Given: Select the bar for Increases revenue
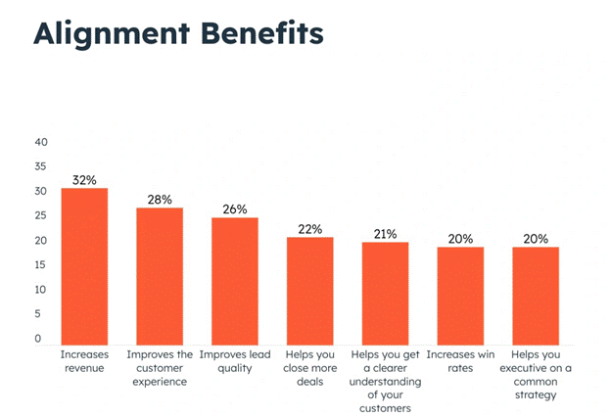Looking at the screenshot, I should (x=84, y=265).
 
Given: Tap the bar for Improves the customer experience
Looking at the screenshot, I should (x=160, y=275).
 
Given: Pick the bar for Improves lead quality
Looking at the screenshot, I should (x=235, y=280).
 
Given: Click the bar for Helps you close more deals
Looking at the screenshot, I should (x=309, y=290).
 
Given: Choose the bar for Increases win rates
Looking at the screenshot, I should (x=460, y=295).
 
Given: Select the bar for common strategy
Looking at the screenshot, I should (x=536, y=295).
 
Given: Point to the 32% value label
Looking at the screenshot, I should (x=84, y=179).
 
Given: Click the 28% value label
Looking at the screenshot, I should (x=160, y=199).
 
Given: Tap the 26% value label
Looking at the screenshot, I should (x=235, y=208).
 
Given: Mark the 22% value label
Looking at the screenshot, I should (x=309, y=228).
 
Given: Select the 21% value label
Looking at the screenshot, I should (x=385, y=233).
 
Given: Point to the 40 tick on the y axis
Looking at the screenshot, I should (x=41, y=141).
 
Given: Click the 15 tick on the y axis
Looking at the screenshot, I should (x=41, y=265).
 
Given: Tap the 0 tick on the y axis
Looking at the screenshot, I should (x=38, y=339).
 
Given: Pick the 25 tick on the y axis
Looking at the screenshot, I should (x=41, y=215).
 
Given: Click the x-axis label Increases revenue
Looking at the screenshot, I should (x=84, y=361).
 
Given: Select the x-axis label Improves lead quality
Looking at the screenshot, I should (x=235, y=361).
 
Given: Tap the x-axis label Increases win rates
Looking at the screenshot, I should (x=460, y=361).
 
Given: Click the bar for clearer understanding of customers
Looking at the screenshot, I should (x=385, y=293).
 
